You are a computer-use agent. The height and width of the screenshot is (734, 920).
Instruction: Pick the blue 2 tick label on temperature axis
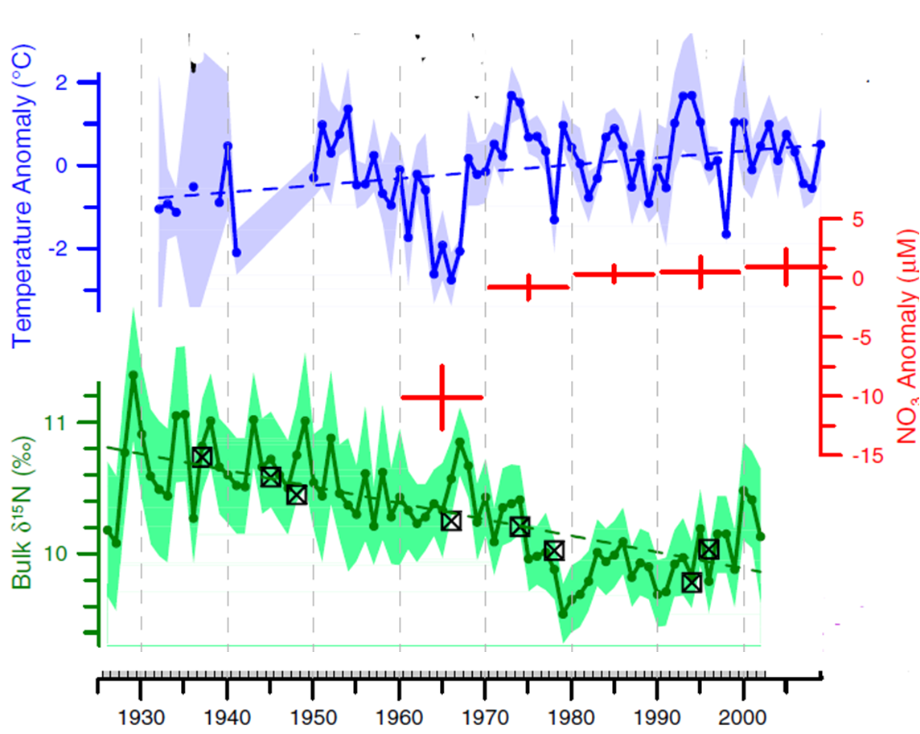82,83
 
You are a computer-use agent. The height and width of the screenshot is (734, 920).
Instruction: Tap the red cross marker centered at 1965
442,396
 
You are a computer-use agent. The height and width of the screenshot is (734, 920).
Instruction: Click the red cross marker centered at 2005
786,266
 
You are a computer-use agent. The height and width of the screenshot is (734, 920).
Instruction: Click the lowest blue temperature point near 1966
451,280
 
